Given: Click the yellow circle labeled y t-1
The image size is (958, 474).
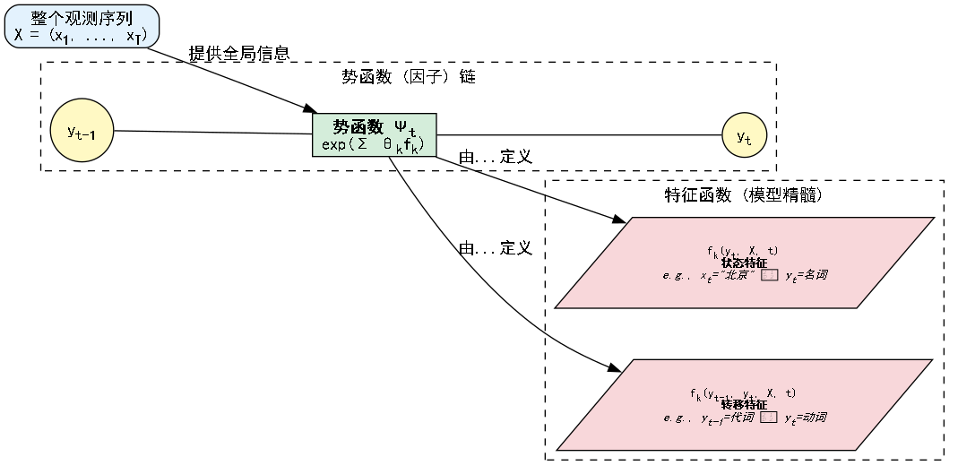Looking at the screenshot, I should (82, 131).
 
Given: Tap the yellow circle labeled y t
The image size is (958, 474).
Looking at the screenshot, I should (745, 136).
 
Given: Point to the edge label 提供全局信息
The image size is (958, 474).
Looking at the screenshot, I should (238, 54).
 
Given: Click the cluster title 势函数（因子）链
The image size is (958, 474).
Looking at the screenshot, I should (408, 77).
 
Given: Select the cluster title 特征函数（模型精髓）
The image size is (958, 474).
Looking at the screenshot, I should (744, 195).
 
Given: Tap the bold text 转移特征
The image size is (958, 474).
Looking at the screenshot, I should (744, 405).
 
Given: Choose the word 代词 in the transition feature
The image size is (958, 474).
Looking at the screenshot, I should (741, 418).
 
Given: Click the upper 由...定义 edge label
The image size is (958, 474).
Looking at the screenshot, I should (496, 157).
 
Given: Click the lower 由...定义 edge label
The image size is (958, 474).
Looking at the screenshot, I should (496, 248).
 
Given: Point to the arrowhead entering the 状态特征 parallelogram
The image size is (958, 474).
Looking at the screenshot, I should (618, 220).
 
